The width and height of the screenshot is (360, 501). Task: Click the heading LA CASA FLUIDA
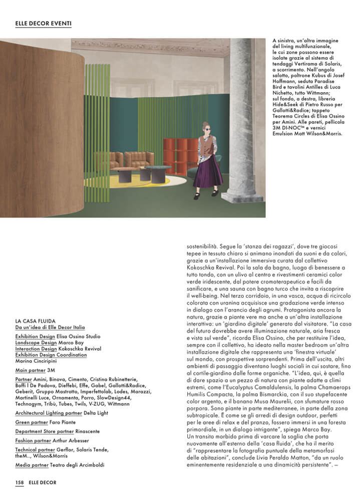(x=35, y=321)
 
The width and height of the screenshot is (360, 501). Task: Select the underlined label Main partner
(x=31, y=370)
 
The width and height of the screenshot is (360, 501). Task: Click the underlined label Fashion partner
(x=33, y=440)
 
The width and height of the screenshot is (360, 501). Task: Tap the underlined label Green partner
(x=32, y=422)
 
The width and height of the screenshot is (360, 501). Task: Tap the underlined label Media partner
(x=31, y=465)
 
